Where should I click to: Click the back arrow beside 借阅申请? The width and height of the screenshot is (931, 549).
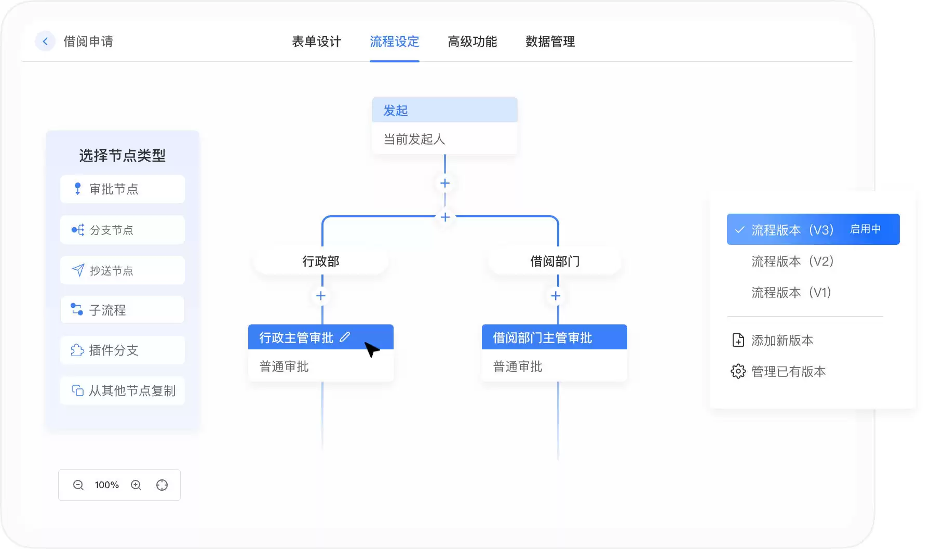[45, 41]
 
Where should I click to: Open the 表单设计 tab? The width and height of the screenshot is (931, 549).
[316, 42]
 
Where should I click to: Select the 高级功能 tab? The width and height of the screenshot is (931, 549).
[472, 42]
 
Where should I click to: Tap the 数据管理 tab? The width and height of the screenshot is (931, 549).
[550, 42]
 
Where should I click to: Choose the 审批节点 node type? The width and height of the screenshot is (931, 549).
[123, 189]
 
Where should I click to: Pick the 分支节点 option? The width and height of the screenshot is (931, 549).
[123, 230]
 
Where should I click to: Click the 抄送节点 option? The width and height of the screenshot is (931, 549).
[123, 270]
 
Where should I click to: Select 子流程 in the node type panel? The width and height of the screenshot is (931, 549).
[123, 310]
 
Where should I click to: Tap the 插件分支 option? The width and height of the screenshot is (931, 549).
[123, 350]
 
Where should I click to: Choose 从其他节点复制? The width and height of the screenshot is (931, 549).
[123, 390]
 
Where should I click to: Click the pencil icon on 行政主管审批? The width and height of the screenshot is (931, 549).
[345, 337]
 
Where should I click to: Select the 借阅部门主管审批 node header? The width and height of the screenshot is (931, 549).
[555, 337]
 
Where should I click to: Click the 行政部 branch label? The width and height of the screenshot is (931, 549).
[321, 261]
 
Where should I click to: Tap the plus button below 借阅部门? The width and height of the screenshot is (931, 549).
[556, 296]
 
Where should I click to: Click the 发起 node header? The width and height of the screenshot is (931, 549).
[445, 110]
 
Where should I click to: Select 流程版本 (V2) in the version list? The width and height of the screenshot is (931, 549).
[792, 261]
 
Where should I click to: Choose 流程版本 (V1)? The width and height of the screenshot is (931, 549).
[791, 292]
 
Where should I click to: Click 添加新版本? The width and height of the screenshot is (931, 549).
[773, 340]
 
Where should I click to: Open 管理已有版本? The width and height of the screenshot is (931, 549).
[778, 371]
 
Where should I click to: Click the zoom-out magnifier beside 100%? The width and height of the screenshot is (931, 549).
[78, 485]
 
